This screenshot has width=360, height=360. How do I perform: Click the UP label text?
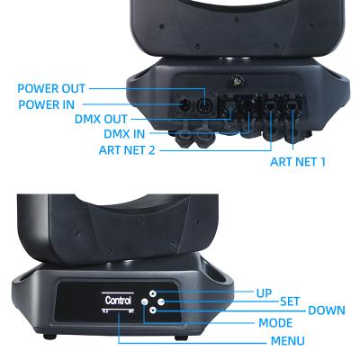(264, 293)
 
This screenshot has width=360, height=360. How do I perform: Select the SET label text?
(289, 301)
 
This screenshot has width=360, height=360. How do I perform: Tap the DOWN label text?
(326, 310)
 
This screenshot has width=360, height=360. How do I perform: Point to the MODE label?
(274, 322)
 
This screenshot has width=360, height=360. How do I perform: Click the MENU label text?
(287, 341)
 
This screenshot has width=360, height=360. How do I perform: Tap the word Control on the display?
(118, 300)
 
